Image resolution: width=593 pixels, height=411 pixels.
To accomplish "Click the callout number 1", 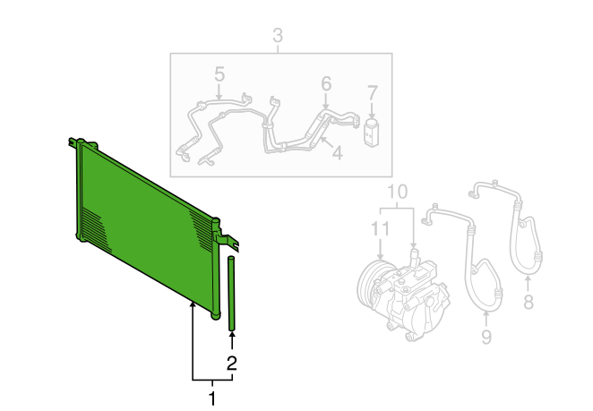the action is [212, 398].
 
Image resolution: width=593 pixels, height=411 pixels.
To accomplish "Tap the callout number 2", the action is [231, 363].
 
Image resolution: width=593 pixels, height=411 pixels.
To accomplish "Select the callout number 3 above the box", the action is [278, 35].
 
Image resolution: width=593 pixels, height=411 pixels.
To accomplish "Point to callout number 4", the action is [338, 153].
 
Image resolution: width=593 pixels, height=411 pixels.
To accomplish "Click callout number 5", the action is [219, 73].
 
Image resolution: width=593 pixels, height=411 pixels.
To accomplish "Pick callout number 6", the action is [326, 83].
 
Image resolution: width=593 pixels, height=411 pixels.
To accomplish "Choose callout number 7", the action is [373, 93].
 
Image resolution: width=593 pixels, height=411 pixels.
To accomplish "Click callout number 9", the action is [486, 337].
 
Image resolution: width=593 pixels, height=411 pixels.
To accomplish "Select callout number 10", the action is [398, 192].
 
